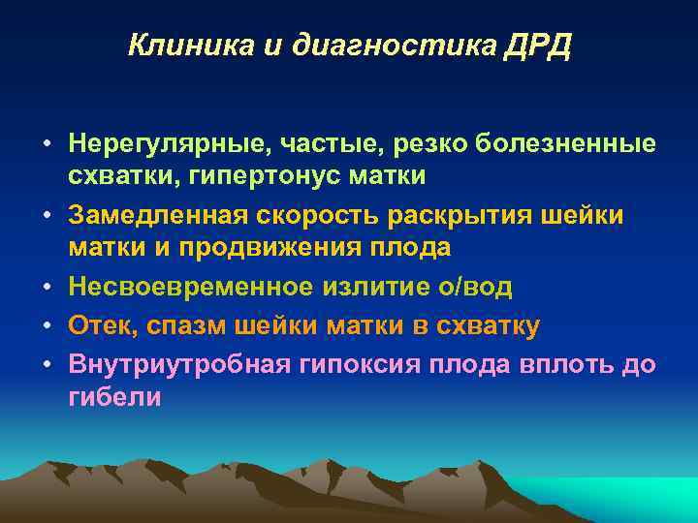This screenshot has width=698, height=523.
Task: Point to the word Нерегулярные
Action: coord(165,144)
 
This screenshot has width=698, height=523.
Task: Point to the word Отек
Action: coord(100,326)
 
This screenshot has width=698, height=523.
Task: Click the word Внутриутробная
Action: coord(172,364)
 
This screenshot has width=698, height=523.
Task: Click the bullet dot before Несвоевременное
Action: coord(47,288)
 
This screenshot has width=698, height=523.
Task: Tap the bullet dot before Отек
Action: coord(47,326)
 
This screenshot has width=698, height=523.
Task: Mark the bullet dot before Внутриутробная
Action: coord(47,364)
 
